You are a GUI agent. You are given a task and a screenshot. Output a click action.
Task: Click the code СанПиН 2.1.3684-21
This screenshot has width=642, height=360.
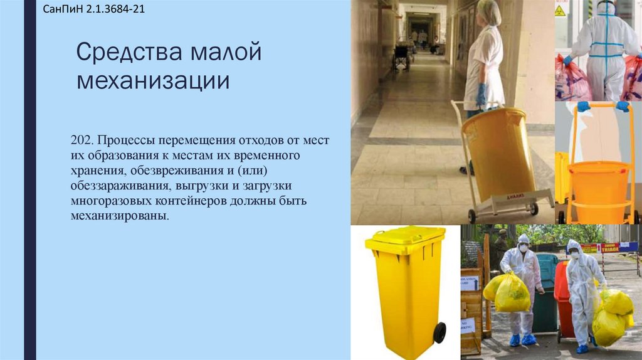pyautogui.click(x=94, y=11)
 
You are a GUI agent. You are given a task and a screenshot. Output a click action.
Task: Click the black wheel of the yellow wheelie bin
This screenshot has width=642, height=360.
pyautogui.click(x=439, y=332)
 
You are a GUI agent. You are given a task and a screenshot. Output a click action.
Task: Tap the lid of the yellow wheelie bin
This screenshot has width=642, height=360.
pyautogui.click(x=405, y=236)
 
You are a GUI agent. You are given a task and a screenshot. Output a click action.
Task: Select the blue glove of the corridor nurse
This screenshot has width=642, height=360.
pyautogui.click(x=481, y=94)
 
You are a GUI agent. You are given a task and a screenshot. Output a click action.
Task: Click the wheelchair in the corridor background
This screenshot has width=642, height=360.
pyautogui.click(x=401, y=56)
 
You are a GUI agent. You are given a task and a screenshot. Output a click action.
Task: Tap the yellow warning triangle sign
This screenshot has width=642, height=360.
pyautogui.click(x=560, y=9)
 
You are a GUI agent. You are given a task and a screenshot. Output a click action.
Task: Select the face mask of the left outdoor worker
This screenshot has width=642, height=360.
pyautogui.click(x=523, y=248)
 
